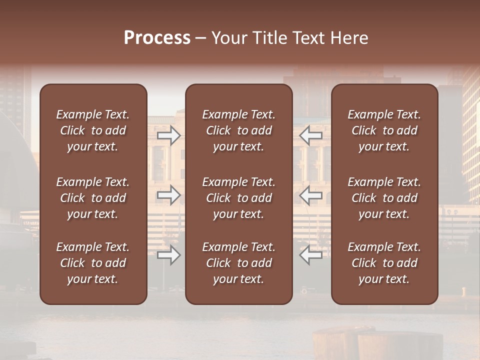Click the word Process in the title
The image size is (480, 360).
point(157,38)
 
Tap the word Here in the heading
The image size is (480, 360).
point(349,38)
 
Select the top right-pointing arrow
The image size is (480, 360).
point(169,135)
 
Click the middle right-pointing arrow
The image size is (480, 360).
point(169,195)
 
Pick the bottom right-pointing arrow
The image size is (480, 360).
point(169,255)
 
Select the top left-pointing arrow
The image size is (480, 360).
point(311,135)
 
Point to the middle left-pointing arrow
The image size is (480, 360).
point(311,195)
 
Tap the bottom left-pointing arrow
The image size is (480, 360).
point(311,255)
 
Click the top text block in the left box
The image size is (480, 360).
point(93,130)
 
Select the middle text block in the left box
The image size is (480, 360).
point(93,198)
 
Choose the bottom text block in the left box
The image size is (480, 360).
point(93,263)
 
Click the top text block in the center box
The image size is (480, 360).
point(239,130)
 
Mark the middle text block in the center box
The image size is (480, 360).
point(239,198)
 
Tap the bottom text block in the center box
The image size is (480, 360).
point(239,263)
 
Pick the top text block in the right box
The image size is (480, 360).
point(384,130)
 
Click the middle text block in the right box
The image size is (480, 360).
point(384,198)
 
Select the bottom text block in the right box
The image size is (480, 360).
point(384,263)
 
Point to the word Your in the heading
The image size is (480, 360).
point(228,38)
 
